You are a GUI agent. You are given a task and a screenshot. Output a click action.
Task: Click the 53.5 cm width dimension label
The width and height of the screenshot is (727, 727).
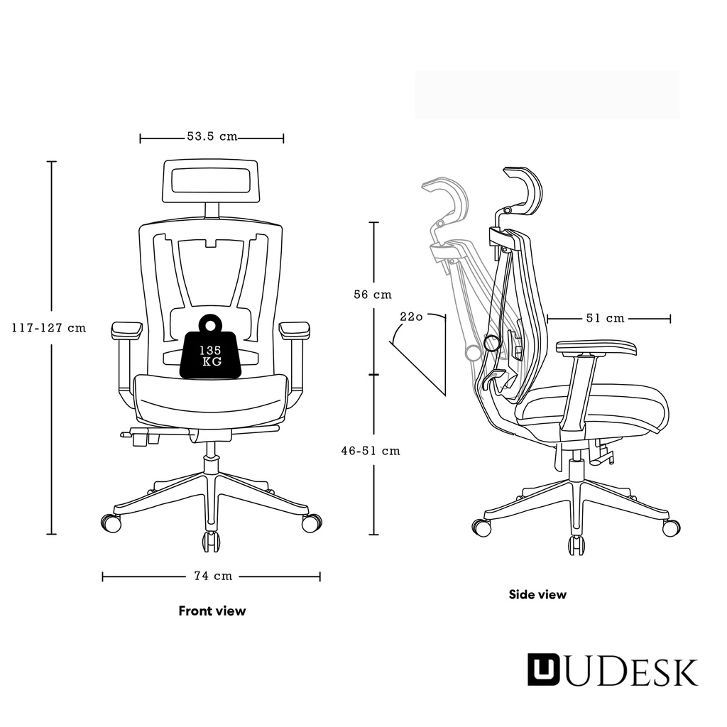click(212, 136)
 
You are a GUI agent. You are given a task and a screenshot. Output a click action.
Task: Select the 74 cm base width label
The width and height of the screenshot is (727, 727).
click(212, 576)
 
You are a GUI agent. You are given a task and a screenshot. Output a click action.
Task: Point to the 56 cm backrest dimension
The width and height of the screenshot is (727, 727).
click(372, 295)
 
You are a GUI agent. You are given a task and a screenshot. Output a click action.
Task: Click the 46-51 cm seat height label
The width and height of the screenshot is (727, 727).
click(371, 451)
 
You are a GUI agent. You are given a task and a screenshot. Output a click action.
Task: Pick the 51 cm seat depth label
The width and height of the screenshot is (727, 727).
click(604, 318)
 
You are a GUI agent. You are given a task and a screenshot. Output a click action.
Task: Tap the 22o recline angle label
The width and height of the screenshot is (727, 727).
click(410, 317)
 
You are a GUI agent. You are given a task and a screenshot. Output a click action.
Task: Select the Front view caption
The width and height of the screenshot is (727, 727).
click(212, 611)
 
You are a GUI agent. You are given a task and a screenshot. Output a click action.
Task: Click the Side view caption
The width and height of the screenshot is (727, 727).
click(537, 595)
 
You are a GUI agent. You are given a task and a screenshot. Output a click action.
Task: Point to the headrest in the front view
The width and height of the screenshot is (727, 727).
click(210, 182)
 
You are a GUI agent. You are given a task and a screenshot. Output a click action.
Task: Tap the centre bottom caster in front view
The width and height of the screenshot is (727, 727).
click(211, 542)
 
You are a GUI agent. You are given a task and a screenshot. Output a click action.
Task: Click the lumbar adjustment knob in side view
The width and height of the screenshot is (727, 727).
click(492, 343)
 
